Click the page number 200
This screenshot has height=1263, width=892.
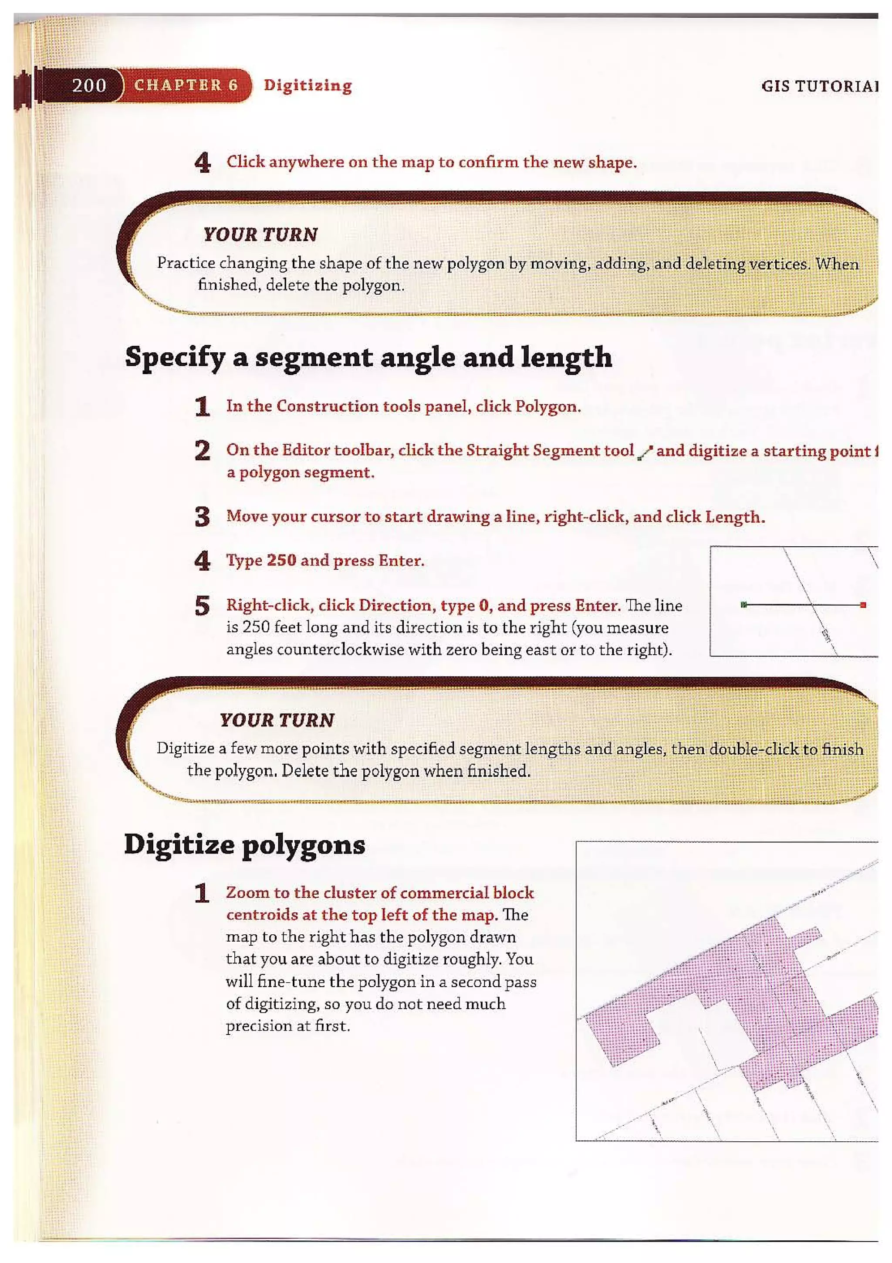tap(89, 85)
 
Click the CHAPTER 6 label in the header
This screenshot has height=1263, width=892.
tap(186, 85)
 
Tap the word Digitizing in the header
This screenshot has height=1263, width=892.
tap(308, 85)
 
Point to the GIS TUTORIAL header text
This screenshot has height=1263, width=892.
tap(819, 86)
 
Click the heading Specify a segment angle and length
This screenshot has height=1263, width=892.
tap(368, 357)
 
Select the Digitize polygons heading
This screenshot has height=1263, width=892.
tap(245, 844)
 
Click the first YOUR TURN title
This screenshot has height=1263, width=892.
tap(260, 235)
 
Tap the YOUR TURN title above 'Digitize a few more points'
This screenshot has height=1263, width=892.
tap(277, 720)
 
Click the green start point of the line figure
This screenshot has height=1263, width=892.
tap(744, 605)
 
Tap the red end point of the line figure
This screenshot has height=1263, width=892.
tap(863, 605)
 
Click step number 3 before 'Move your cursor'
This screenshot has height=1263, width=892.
tap(202, 517)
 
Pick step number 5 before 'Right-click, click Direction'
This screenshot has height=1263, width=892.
tap(202, 606)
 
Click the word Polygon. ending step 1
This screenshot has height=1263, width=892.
tap(548, 407)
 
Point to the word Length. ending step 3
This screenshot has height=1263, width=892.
tap(735, 517)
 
